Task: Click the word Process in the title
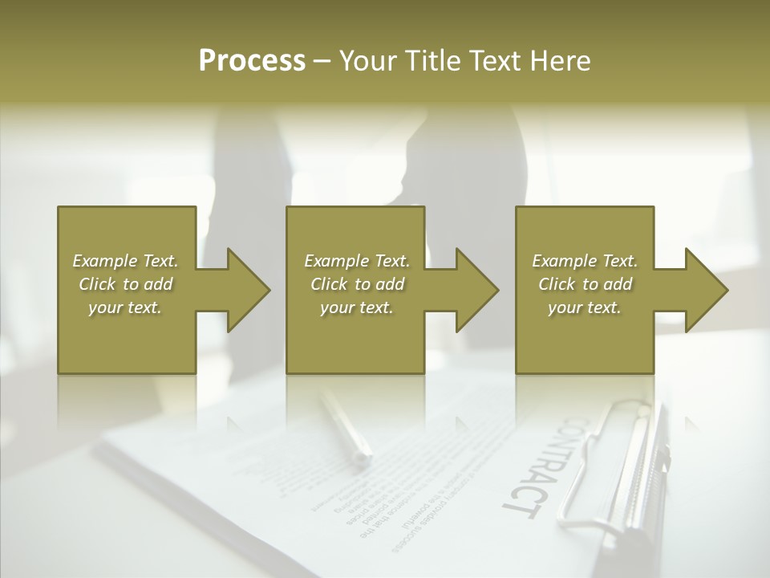point(252,61)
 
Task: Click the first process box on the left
point(127,337)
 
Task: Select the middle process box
point(355,337)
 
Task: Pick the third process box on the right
point(585,337)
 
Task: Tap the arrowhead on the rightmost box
point(705,290)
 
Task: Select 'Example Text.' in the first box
point(126,261)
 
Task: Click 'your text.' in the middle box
point(356,307)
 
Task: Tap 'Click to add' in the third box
point(585,284)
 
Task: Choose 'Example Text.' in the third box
point(585,261)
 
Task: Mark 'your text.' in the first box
point(126,307)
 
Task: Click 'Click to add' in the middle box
point(356,284)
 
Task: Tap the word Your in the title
point(366,61)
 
